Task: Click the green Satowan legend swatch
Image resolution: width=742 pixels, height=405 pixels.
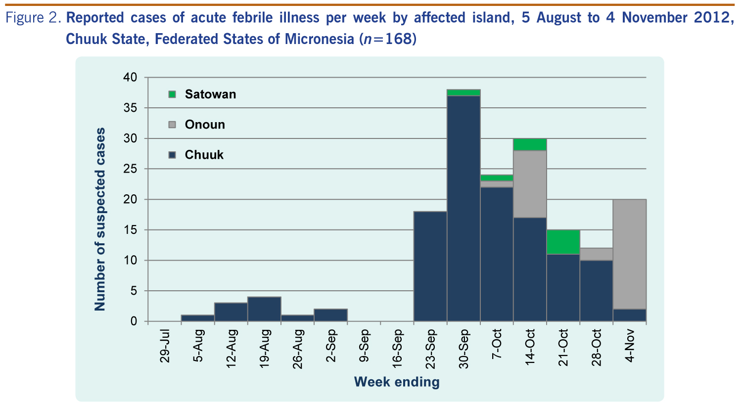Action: pos(172,94)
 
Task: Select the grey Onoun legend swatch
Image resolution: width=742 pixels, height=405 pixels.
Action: pos(172,125)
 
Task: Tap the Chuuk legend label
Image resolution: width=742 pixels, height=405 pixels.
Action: pos(204,155)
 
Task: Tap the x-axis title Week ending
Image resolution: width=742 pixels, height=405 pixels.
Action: pos(396,382)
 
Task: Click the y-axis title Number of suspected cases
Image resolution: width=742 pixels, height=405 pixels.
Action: pos(100,219)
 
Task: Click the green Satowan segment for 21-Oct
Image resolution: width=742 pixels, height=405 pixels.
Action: pos(563,242)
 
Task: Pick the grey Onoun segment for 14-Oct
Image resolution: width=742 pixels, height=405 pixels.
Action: pos(530,184)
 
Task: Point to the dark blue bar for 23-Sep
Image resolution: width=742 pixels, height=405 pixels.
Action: pos(430,267)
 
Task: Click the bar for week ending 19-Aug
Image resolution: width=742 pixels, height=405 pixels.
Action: pos(264,309)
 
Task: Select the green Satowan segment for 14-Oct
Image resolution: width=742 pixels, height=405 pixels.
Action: pos(530,144)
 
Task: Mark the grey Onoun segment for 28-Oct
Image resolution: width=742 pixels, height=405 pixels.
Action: pos(597,254)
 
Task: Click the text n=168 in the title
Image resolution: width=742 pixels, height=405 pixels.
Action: pos(388,39)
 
